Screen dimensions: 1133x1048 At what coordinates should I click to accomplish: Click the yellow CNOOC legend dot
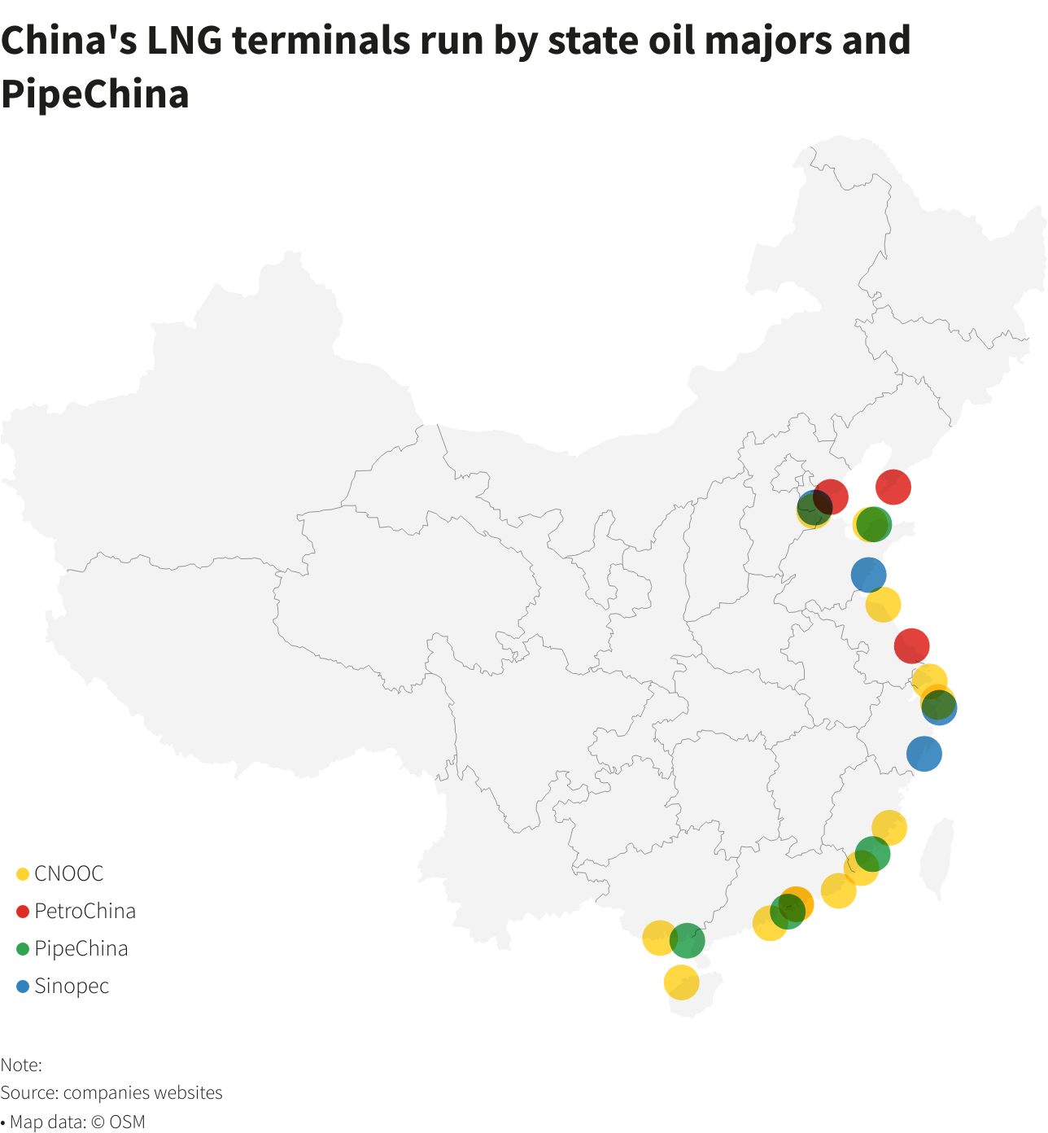pos(23,874)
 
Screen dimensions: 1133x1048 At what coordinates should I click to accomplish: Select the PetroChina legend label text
pos(85,911)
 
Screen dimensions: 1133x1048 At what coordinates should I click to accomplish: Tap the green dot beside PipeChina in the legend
pos(23,949)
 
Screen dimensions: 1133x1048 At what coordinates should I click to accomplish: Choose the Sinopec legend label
pos(72,986)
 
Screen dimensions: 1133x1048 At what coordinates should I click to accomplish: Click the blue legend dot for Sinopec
pos(23,986)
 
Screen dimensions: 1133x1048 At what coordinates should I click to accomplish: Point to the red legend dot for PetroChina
pos(23,912)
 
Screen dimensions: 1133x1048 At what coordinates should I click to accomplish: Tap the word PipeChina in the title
pos(94,94)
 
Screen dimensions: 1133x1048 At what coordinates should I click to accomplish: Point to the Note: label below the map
pos(21,1065)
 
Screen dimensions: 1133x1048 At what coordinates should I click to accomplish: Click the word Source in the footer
pos(28,1092)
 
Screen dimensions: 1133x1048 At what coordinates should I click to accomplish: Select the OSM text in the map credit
pos(127,1122)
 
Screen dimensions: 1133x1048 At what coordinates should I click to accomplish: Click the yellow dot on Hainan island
pos(681,982)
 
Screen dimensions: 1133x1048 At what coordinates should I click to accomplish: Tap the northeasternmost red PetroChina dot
pos(893,487)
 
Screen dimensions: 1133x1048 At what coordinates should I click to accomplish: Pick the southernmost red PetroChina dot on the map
pos(911,645)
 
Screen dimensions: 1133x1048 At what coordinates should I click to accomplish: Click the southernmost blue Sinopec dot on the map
pos(924,754)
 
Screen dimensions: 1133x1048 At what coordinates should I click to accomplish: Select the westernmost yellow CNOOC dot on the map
pos(657,938)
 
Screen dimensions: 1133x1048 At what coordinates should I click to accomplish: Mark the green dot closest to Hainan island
pos(688,941)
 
